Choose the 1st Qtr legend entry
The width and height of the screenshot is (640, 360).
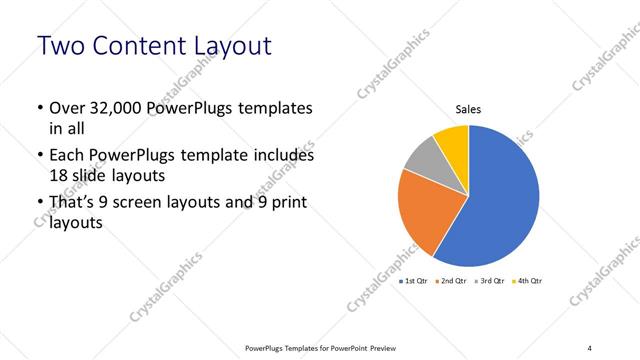click(x=415, y=282)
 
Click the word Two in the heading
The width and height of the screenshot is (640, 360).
click(x=63, y=46)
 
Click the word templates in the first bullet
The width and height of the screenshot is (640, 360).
click(x=274, y=109)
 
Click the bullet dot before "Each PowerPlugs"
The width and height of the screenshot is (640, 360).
click(x=37, y=157)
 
